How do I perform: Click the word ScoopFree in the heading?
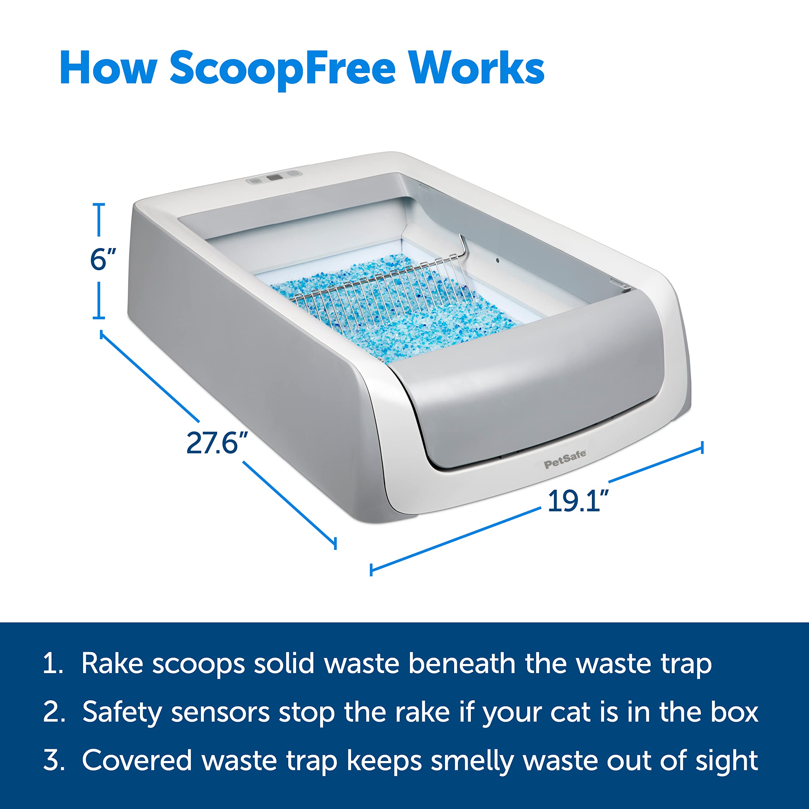click(x=282, y=68)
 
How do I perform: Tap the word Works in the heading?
click(x=477, y=68)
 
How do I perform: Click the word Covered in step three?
click(x=137, y=760)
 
